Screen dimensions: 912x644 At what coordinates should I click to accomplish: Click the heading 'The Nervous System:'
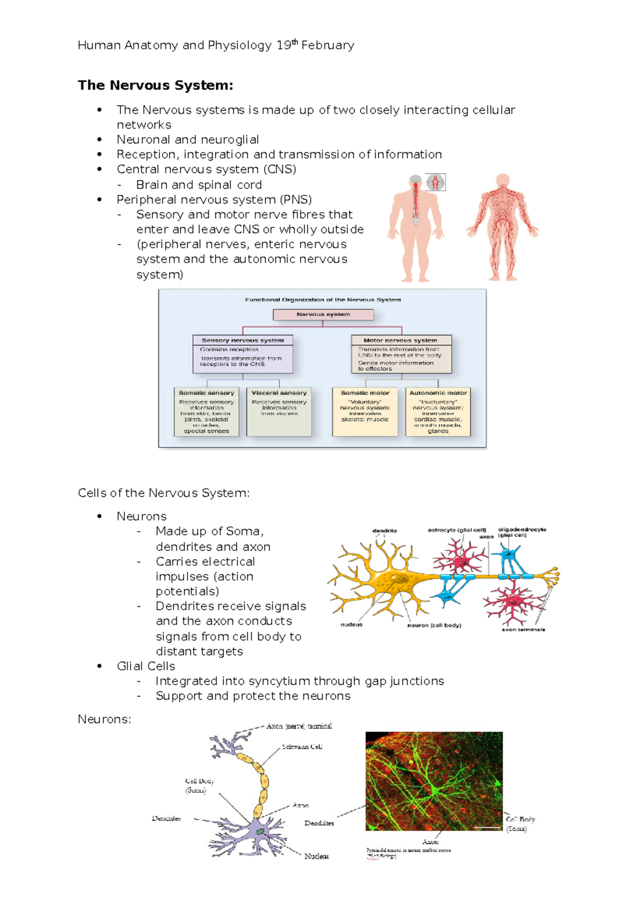click(156, 85)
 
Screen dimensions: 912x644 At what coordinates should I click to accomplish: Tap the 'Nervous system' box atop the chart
click(323, 315)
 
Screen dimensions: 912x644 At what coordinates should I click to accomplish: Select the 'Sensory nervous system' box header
click(243, 341)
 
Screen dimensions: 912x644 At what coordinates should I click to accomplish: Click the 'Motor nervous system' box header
click(400, 341)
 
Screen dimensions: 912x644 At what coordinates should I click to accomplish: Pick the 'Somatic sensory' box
click(207, 411)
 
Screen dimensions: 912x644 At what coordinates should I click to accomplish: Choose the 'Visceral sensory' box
click(279, 411)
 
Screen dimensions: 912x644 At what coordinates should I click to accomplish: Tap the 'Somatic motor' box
click(365, 411)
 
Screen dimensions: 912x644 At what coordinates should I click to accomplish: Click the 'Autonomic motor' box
click(438, 411)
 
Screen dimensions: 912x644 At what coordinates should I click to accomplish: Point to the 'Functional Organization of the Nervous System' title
click(323, 300)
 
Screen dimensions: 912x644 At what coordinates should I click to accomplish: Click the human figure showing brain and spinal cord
click(415, 228)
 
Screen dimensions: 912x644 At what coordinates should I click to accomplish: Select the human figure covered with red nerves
click(503, 228)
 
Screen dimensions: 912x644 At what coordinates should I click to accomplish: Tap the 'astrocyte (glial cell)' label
click(457, 530)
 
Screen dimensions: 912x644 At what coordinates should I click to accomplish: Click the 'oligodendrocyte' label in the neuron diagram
click(522, 530)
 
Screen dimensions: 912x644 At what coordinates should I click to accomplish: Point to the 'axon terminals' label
click(523, 629)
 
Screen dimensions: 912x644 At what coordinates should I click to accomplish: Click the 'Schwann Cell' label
click(302, 747)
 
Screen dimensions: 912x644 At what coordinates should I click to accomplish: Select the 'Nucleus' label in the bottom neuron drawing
click(317, 856)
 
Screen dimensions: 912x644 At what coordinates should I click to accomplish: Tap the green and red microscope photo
click(434, 781)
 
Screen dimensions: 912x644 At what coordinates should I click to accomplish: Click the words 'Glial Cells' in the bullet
click(146, 666)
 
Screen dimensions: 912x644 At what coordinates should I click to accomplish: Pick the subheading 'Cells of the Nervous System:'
click(164, 493)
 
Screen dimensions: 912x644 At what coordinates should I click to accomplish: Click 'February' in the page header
click(328, 46)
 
